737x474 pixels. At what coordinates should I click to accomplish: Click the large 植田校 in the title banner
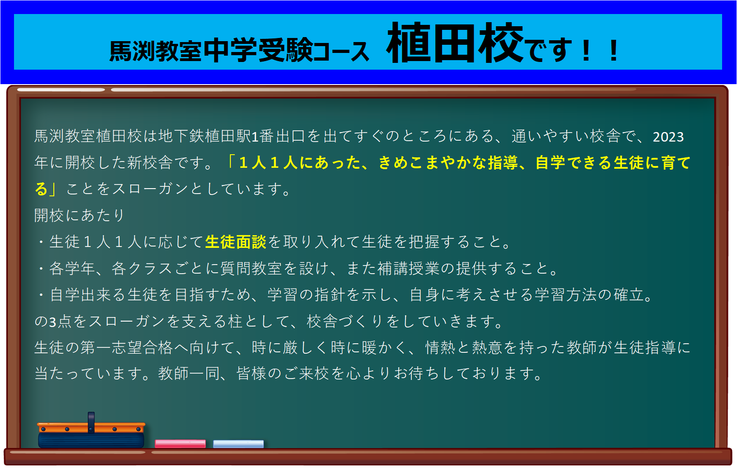[455, 43]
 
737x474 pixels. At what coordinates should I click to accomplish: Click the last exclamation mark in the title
[614, 51]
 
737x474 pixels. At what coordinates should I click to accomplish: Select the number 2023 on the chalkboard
[668, 137]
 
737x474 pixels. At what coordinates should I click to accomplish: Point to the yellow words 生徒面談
[236, 242]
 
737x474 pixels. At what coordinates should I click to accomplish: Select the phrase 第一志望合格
[126, 347]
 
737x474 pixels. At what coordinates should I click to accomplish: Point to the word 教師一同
[189, 374]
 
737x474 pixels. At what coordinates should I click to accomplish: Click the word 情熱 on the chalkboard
[440, 347]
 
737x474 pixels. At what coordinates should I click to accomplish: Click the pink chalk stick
[180, 444]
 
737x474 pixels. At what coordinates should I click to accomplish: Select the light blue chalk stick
[238, 444]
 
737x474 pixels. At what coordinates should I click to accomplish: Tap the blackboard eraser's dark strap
[91, 422]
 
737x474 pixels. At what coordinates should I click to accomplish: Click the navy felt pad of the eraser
[91, 441]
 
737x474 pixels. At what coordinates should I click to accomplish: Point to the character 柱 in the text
[235, 321]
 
